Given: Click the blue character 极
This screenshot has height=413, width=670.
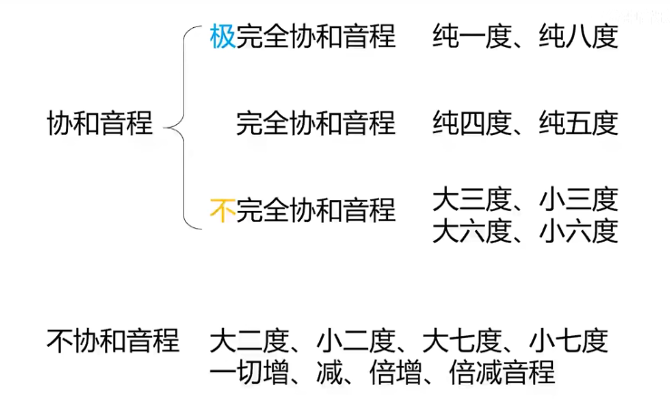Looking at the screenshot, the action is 222,36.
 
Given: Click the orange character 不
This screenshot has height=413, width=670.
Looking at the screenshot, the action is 222,210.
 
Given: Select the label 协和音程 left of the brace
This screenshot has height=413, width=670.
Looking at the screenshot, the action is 99,123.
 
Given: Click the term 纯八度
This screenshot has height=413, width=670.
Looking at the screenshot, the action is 578,36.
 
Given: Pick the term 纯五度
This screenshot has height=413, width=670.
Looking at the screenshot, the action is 578,123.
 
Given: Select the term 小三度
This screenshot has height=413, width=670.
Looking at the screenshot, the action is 578,197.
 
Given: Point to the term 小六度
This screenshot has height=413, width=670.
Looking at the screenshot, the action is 578,231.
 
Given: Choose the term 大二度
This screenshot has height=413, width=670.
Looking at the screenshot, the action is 248,341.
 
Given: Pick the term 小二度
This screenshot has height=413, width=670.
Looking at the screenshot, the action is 355,341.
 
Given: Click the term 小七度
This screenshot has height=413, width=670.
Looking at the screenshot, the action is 569,341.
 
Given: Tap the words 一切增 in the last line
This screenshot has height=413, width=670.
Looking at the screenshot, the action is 248,372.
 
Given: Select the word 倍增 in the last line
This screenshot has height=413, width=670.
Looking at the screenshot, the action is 395,372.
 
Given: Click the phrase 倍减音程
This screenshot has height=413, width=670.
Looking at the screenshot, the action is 501,372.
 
